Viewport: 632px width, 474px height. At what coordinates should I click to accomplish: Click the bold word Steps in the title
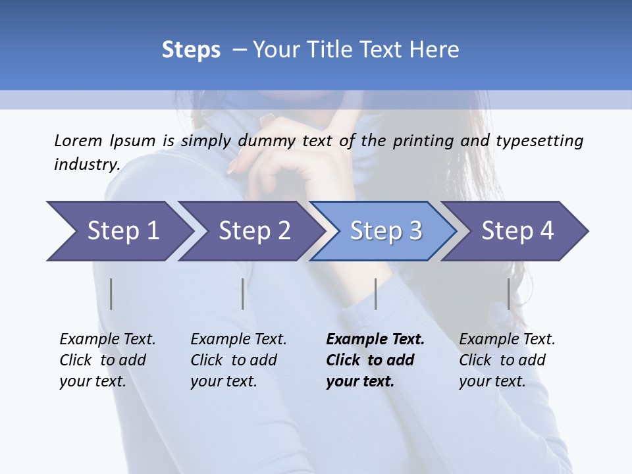191,50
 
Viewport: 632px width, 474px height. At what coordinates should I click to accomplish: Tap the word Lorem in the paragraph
78,140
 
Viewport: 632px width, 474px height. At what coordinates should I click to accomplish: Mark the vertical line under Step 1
111,294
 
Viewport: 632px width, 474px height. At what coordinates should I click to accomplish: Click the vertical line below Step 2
243,294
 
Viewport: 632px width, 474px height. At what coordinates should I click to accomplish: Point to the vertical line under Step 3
376,294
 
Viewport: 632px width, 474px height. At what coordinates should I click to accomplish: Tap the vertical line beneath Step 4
509,294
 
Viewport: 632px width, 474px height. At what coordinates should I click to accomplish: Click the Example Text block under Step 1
107,360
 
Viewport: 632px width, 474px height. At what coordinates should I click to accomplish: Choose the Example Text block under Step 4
507,360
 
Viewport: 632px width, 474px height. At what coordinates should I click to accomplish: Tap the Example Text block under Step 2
238,360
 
